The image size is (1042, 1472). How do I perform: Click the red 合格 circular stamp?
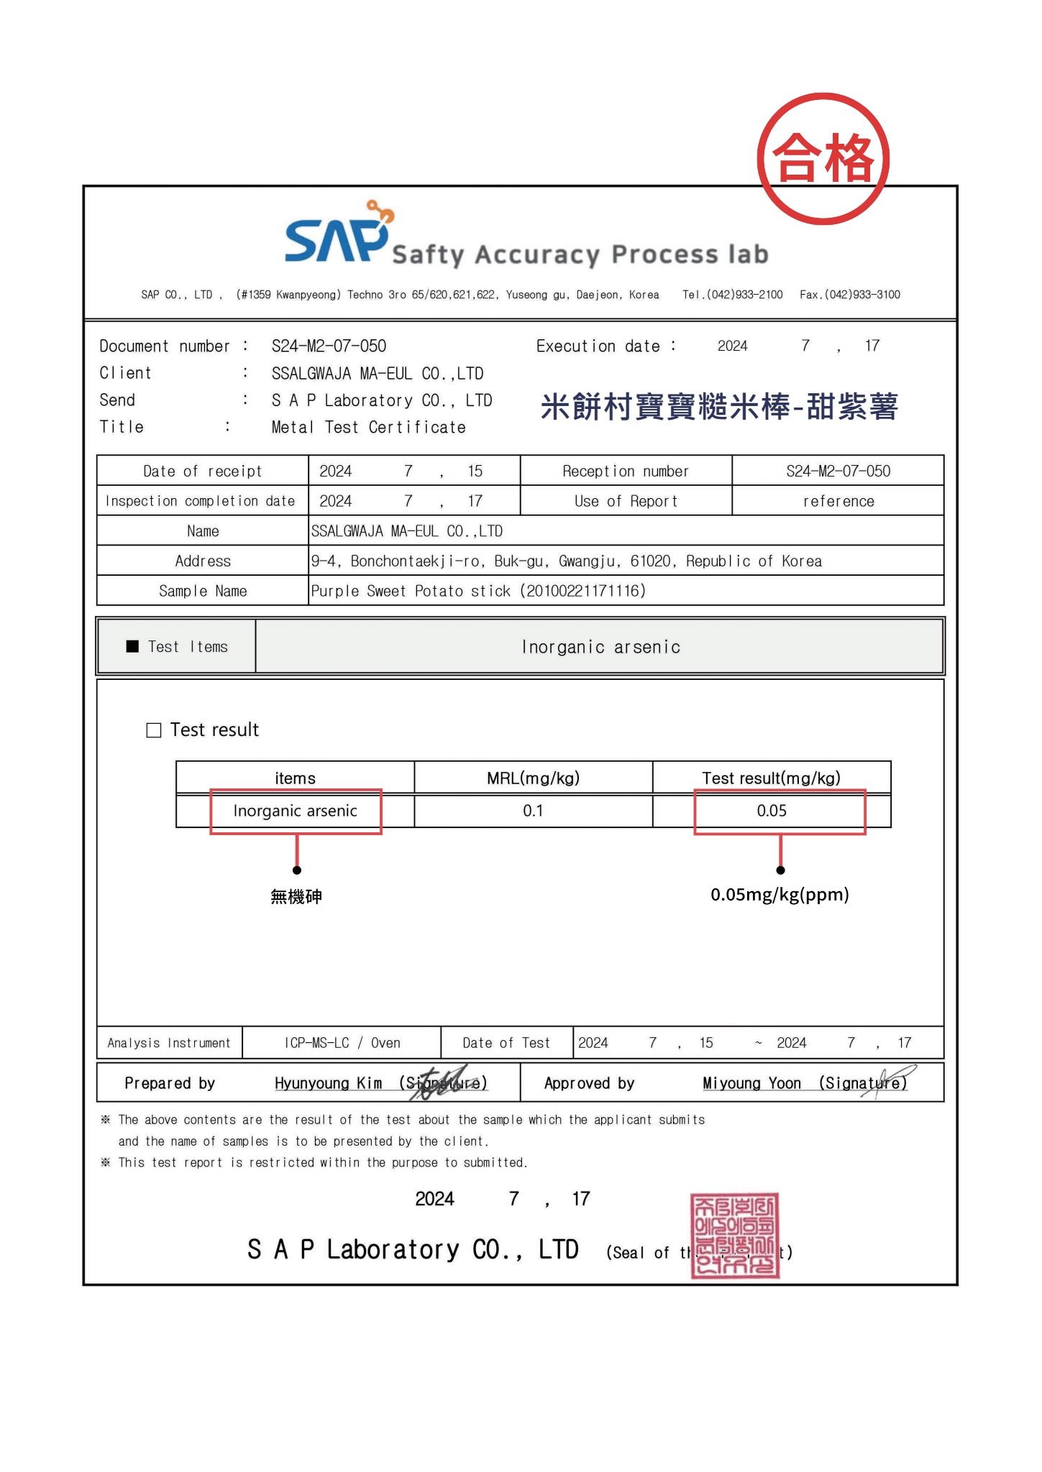(x=823, y=158)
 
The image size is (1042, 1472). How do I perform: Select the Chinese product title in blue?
(x=719, y=407)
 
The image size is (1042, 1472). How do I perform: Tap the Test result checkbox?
(x=154, y=730)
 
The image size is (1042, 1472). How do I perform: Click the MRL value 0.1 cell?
(x=533, y=811)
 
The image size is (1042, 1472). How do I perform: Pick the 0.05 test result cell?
(x=772, y=811)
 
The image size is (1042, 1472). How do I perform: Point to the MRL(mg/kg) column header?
(x=533, y=778)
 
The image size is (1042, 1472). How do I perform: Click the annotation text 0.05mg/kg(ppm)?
(x=780, y=895)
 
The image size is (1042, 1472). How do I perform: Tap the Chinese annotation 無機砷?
(x=296, y=896)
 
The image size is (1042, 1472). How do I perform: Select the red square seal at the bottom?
(x=734, y=1236)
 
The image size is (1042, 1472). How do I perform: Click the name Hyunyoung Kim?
(x=328, y=1083)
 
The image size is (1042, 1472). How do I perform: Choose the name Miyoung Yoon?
(x=751, y=1083)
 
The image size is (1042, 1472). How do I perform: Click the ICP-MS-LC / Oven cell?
(x=342, y=1043)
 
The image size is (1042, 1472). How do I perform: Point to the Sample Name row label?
(x=203, y=591)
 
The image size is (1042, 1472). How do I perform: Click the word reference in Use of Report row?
(x=838, y=501)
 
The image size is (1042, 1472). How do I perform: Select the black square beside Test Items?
(x=132, y=646)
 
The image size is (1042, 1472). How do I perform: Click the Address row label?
(x=203, y=561)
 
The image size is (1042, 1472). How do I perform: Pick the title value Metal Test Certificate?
(x=368, y=428)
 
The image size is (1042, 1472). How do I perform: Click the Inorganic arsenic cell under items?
(x=295, y=811)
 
